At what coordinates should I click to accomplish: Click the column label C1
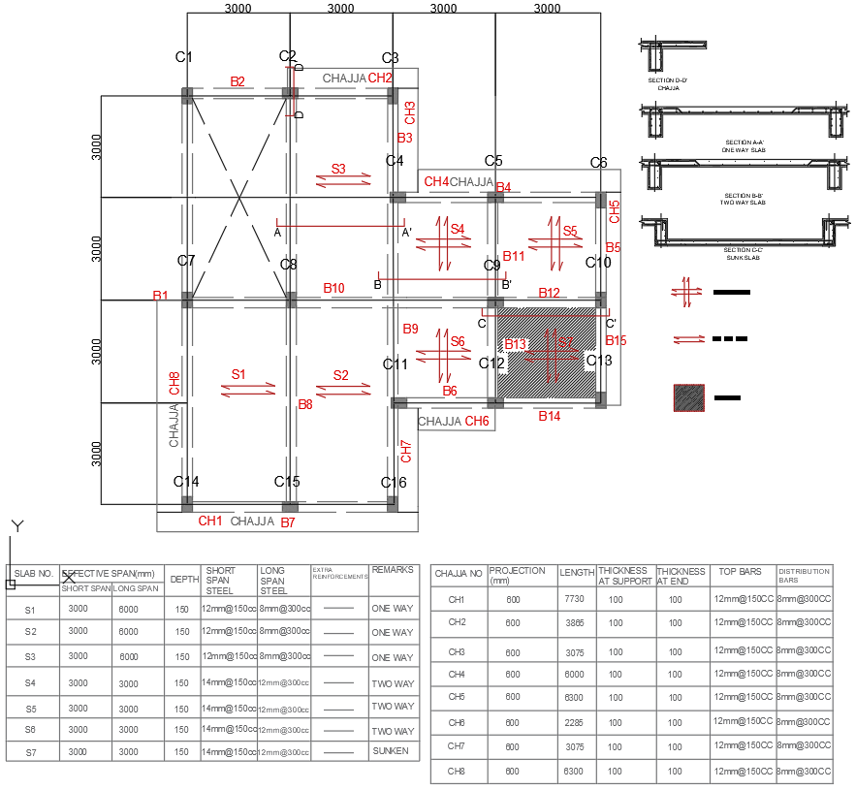[x=184, y=57]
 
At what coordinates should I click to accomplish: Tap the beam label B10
[x=333, y=288]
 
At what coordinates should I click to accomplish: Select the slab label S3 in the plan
[x=338, y=169]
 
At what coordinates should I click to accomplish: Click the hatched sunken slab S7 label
[x=565, y=342]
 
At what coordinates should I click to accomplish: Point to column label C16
[x=394, y=482]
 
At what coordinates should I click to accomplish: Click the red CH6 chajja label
[x=477, y=421]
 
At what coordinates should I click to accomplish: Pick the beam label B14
[x=550, y=416]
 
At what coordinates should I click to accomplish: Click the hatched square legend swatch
[x=689, y=397]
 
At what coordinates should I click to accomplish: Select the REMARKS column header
[x=393, y=571]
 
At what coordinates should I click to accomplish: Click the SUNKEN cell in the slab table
[x=393, y=751]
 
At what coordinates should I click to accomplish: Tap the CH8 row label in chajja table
[x=458, y=772]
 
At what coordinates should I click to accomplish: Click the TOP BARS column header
[x=743, y=573]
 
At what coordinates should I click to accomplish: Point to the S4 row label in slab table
[x=31, y=683]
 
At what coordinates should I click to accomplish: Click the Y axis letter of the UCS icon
[x=16, y=526]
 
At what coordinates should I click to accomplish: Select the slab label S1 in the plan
[x=238, y=373]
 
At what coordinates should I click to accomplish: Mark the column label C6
[x=598, y=162]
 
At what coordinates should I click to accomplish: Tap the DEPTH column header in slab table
[x=184, y=579]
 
